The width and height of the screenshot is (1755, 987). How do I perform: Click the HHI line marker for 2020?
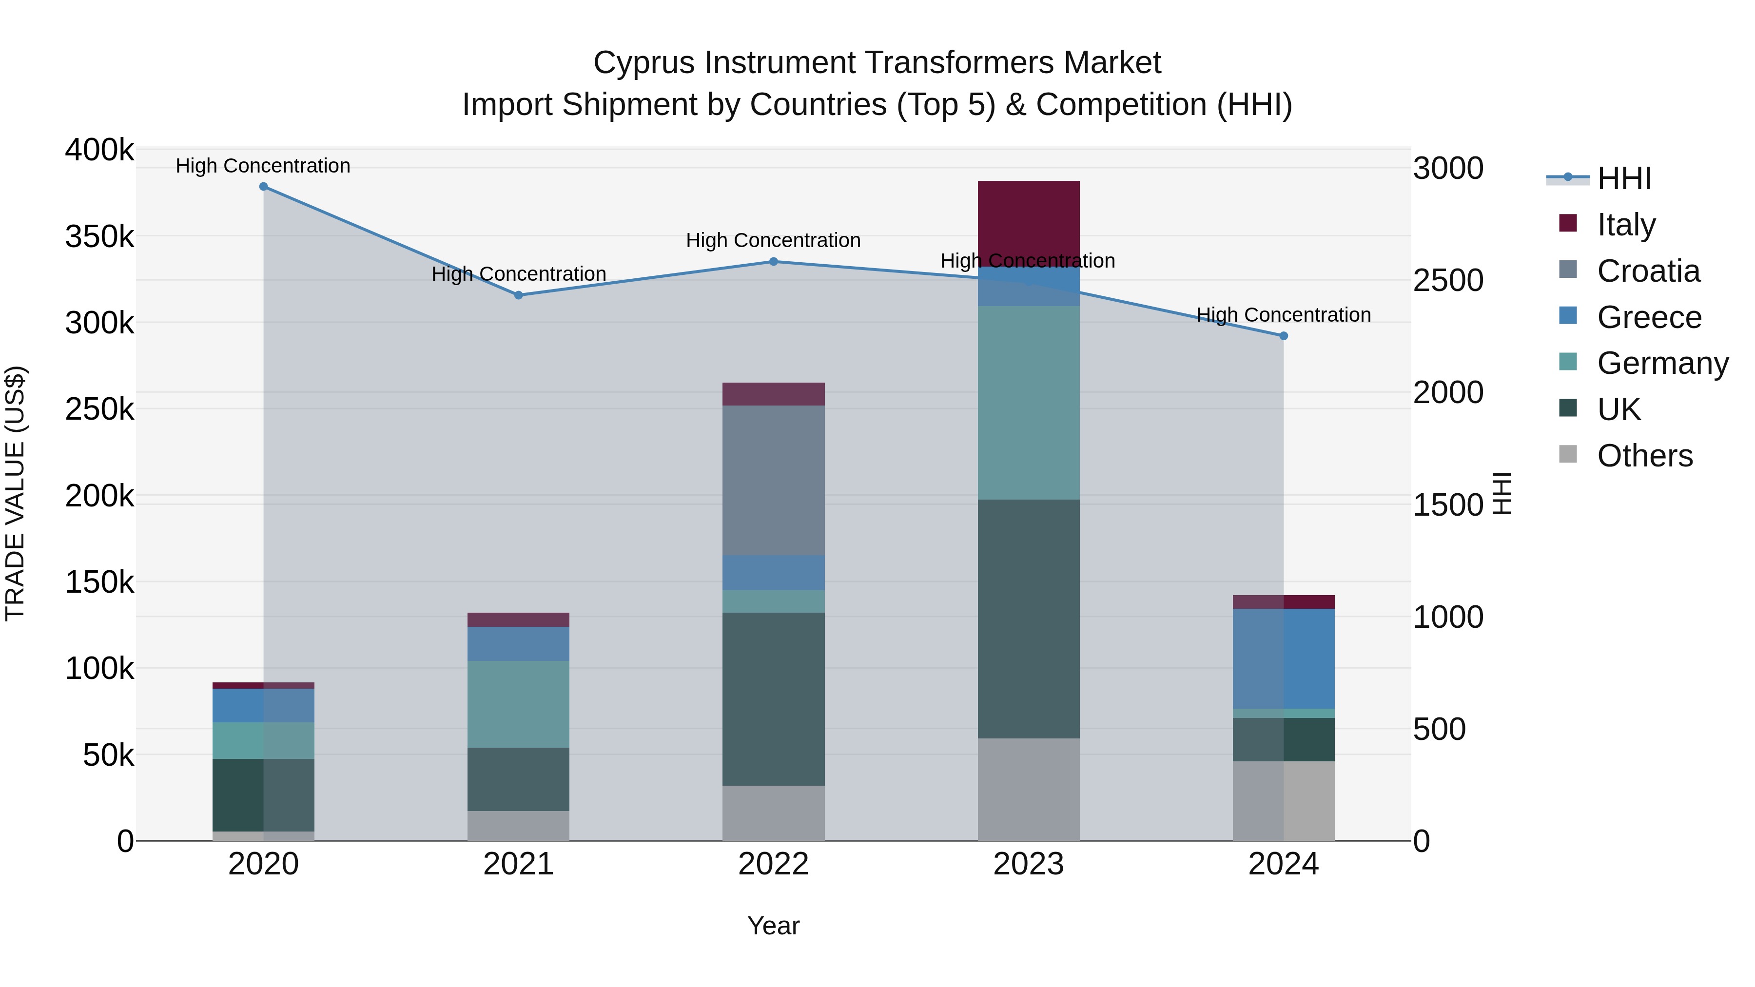pos(264,187)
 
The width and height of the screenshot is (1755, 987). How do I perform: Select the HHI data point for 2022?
pos(773,262)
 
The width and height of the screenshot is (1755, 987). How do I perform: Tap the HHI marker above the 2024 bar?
pos(1284,336)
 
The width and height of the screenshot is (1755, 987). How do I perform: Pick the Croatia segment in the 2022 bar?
pos(773,480)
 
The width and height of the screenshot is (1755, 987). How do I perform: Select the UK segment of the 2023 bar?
pos(1028,619)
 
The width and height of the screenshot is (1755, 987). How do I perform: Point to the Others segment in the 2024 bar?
pos(1284,800)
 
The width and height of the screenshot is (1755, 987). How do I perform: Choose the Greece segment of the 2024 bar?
pos(1284,658)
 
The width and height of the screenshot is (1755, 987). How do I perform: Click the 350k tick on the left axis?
pos(99,237)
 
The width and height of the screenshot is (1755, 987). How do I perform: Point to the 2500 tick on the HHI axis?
pos(1448,281)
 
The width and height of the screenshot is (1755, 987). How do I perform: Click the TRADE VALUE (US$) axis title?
pos(15,493)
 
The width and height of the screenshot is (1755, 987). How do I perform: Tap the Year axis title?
pos(773,926)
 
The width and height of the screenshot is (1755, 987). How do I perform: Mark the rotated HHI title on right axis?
pos(1501,493)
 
